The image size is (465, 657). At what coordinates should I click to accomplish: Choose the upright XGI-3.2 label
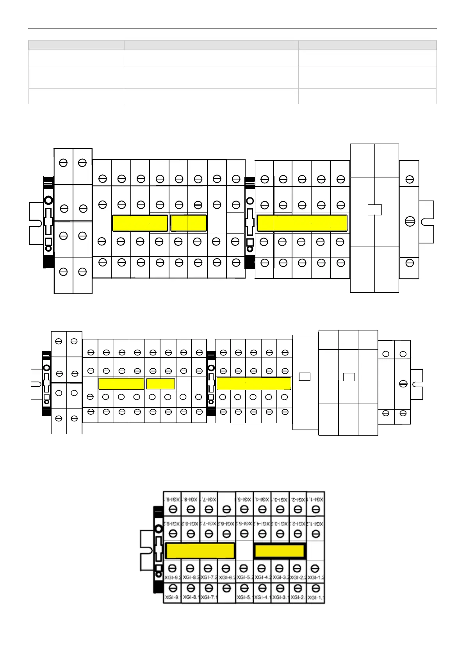[x=280, y=577]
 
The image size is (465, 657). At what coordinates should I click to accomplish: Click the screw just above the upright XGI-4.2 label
[x=262, y=568]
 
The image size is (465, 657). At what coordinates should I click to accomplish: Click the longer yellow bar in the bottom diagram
[x=200, y=551]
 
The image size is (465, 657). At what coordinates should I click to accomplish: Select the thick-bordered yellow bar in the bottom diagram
[x=280, y=551]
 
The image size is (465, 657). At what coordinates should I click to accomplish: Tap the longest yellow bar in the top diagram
[x=302, y=223]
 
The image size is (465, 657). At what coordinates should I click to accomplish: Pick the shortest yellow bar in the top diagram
[x=189, y=223]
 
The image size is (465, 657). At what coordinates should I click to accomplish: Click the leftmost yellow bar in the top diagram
[x=140, y=223]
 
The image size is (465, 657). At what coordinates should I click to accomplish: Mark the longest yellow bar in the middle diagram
[x=254, y=384]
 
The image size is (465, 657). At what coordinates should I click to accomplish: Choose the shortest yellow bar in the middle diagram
[x=160, y=384]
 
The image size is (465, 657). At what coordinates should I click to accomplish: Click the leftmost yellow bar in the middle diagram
[x=121, y=384]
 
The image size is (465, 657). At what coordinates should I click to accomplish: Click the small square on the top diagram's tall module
[x=375, y=210]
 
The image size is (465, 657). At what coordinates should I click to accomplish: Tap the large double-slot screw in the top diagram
[x=410, y=222]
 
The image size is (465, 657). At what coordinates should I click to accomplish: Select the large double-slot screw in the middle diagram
[x=403, y=384]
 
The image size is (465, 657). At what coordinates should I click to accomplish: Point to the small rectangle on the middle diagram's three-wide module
[x=349, y=377]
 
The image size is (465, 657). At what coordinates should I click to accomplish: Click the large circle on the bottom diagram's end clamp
[x=159, y=529]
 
